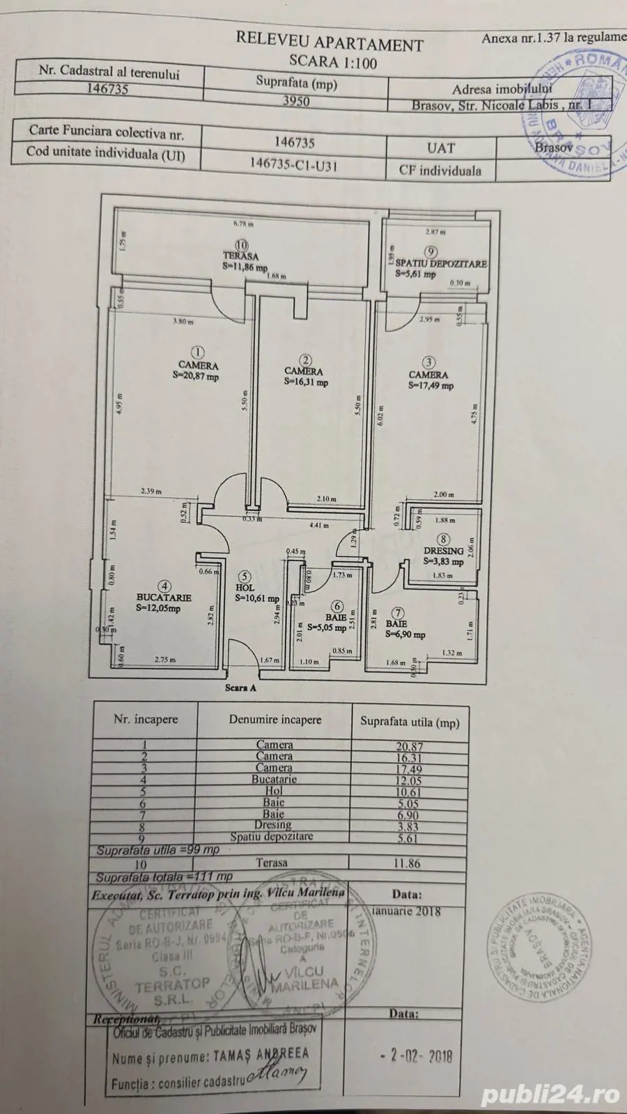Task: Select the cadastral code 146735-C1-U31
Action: coord(295,164)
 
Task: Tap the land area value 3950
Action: coord(295,101)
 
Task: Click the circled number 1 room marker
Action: coord(199,352)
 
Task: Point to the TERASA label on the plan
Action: coord(240,256)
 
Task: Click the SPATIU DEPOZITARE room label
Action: coord(441,264)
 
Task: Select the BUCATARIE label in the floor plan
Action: coord(164,597)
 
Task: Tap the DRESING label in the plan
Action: coord(443,551)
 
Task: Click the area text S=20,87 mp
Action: coord(196,377)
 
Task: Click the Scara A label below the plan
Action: coord(240,688)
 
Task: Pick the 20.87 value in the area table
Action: coord(409,746)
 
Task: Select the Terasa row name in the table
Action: coord(272,863)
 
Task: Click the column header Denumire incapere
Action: coord(275,720)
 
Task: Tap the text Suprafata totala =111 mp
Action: coord(164,877)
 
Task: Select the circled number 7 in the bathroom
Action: coord(398,613)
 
